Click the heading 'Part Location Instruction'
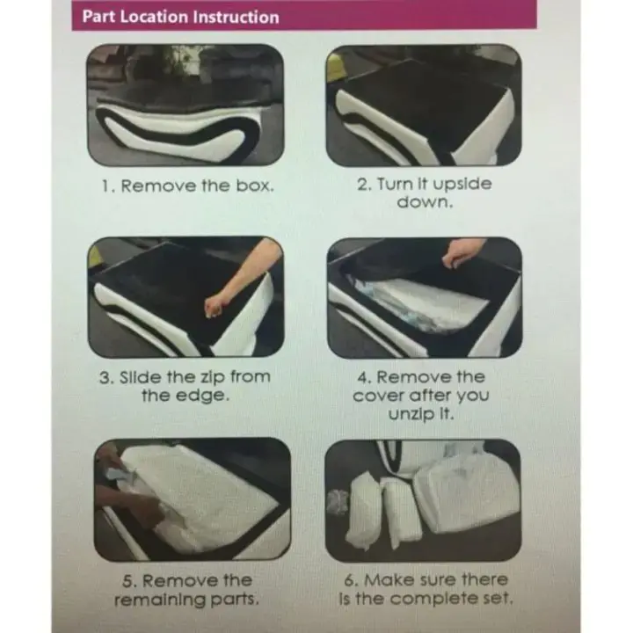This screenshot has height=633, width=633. click(180, 17)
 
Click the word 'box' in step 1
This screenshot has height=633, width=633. click(254, 186)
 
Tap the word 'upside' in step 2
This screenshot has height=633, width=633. click(462, 185)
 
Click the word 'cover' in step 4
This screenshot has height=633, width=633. click(379, 396)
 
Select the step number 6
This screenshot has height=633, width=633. click(350, 580)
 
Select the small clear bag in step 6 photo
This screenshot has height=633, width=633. click(338, 502)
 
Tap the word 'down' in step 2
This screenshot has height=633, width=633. click(425, 202)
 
